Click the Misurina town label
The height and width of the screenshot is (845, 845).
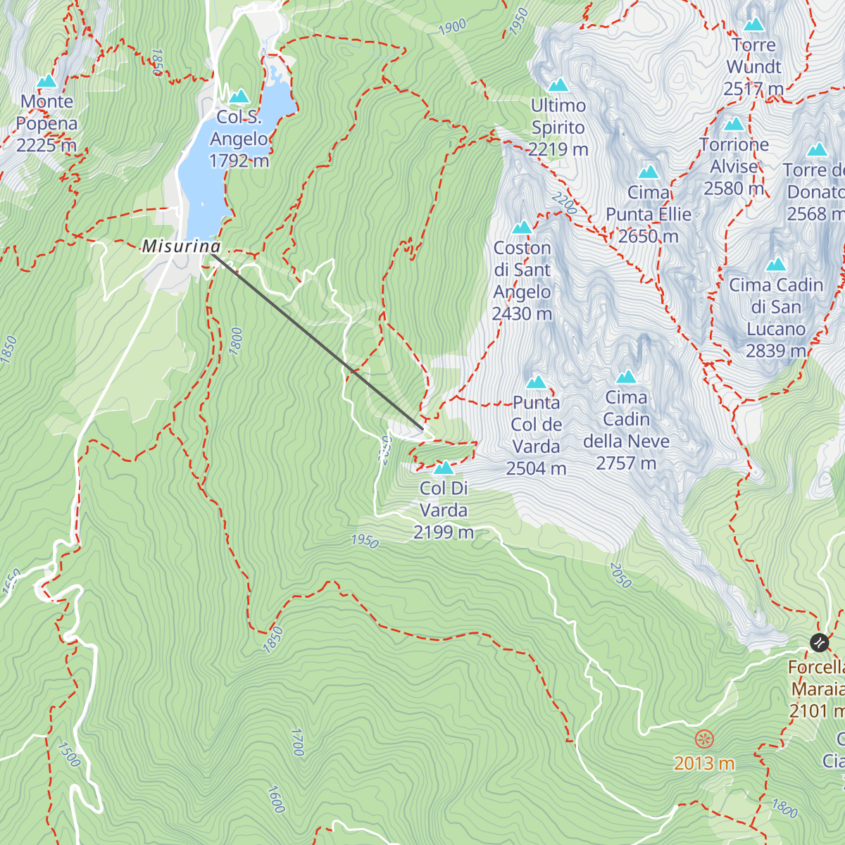[182, 246]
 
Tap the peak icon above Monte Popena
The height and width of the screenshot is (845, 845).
[46, 82]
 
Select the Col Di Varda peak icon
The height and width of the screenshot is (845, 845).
[444, 468]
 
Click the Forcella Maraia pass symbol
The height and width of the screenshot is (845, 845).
[819, 641]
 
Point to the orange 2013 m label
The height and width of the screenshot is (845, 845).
[703, 763]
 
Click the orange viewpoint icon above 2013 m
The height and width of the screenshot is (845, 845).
[704, 739]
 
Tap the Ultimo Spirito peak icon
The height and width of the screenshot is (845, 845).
[558, 85]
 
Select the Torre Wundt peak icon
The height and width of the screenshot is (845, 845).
[754, 25]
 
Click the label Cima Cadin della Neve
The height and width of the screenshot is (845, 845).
[626, 430]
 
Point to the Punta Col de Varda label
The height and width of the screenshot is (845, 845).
[537, 435]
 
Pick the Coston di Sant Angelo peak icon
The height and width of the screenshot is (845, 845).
[522, 227]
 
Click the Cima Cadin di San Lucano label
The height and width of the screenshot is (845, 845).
[775, 318]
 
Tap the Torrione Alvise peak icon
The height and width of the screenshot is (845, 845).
[734, 125]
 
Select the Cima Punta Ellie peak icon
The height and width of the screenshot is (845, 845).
[649, 172]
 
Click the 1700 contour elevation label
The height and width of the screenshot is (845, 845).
[297, 742]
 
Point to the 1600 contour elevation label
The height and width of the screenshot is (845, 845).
[276, 799]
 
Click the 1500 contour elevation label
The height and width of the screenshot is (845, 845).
[69, 754]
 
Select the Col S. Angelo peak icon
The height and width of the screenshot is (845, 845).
[239, 96]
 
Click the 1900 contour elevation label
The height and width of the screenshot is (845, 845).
[452, 27]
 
